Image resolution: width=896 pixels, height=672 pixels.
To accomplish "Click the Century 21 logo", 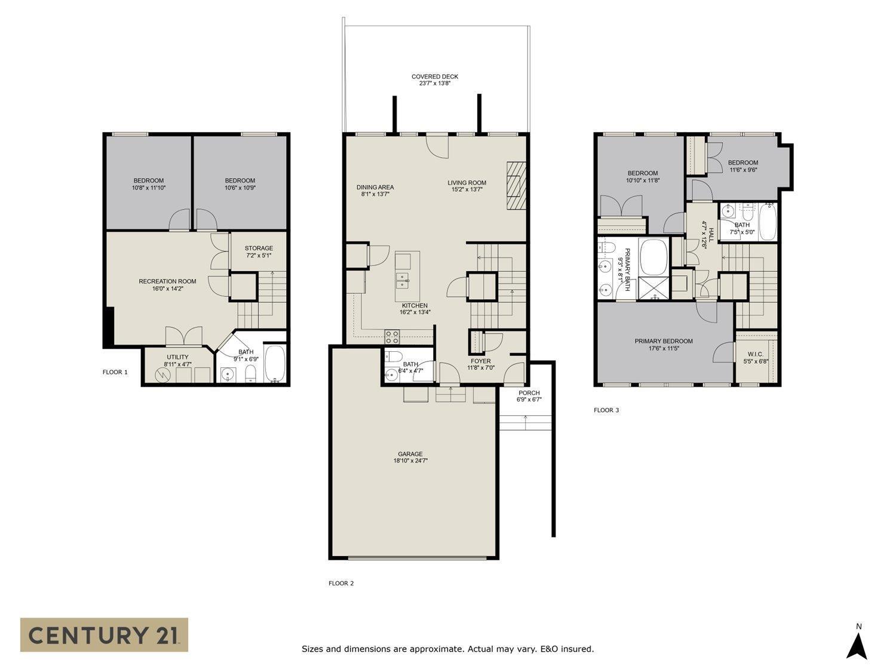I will (x=104, y=634).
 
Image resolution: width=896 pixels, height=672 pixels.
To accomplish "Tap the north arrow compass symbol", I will (x=858, y=646).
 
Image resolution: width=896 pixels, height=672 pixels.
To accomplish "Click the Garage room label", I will (x=408, y=457).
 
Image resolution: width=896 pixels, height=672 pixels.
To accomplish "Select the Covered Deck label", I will (x=435, y=80).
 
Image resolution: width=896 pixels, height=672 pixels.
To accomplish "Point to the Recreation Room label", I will (x=167, y=285).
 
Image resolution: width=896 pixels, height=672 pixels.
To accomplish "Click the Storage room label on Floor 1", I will (x=259, y=251).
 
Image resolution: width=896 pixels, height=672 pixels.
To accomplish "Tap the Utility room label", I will (x=177, y=360).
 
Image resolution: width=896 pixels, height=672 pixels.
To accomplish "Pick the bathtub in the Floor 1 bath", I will (x=275, y=364).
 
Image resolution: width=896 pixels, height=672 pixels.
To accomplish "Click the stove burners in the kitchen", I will (x=392, y=337).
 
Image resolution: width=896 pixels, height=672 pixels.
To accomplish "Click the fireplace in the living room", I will (x=517, y=185).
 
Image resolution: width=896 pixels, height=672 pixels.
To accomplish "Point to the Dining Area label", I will (x=375, y=190).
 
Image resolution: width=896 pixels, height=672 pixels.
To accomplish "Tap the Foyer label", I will (x=480, y=364).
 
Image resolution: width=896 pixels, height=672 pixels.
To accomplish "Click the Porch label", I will (x=529, y=396).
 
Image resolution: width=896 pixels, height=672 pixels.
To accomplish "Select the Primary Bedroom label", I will (x=664, y=345).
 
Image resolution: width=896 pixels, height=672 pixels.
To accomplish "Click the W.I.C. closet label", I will (x=755, y=357).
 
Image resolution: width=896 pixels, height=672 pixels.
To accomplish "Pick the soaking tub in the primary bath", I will (x=654, y=257).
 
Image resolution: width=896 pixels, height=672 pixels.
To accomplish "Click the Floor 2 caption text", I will (x=341, y=583).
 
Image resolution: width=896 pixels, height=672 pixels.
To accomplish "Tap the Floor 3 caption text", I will (x=606, y=410).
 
